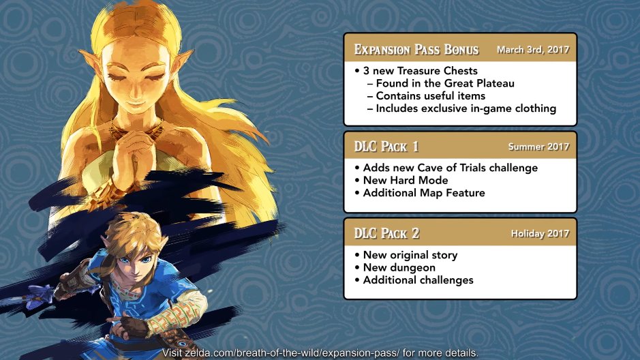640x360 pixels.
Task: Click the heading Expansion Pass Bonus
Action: (416, 49)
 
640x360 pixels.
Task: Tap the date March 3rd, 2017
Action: (533, 50)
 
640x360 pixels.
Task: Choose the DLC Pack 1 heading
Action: (386, 147)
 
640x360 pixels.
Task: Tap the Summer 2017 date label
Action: (538, 147)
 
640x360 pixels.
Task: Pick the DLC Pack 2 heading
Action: (386, 233)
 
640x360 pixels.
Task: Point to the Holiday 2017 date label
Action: (540, 233)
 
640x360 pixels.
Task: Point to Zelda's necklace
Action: (135, 130)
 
